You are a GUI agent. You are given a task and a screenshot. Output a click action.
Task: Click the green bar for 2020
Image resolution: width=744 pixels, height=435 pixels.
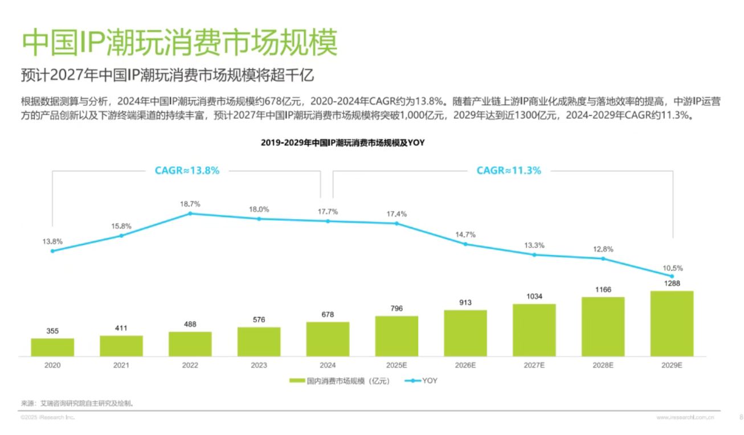coord(52,347)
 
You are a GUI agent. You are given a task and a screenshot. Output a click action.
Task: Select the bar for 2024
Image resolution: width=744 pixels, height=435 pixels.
coord(328,339)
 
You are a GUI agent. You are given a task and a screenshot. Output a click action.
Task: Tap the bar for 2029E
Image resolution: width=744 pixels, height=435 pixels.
coord(672,323)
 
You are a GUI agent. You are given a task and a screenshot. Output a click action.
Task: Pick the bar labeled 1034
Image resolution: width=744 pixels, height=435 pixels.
coord(534,330)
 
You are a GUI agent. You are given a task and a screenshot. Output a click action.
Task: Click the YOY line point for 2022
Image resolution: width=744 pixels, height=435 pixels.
coord(190,214)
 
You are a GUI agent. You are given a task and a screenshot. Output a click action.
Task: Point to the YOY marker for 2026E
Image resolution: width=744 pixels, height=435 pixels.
coord(465,244)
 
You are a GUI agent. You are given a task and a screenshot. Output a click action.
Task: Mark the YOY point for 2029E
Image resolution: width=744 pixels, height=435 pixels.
coord(672,276)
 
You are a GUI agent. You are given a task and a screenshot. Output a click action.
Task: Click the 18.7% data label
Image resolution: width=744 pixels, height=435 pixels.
coord(190,204)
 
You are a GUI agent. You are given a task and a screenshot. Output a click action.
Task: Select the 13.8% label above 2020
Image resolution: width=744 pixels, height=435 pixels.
coord(52,241)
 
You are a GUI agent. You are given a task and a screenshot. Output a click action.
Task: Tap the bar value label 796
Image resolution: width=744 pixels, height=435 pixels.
coord(396,309)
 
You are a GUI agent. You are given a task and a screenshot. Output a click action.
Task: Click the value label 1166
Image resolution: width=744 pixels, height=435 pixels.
coord(603,290)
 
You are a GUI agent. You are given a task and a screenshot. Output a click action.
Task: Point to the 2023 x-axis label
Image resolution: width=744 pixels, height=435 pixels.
coord(259,366)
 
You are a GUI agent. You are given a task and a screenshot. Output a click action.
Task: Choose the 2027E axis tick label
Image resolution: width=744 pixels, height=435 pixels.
coord(534,366)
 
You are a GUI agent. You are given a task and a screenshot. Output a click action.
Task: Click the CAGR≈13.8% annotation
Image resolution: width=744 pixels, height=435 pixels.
coord(187,170)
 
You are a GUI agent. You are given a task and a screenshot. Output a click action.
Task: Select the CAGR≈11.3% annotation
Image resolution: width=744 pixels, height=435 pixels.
coord(509,170)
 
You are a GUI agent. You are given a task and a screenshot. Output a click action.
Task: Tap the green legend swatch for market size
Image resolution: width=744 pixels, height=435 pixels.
coord(297,381)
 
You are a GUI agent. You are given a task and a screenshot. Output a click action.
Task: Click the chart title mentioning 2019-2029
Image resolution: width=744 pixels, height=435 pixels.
coord(343,143)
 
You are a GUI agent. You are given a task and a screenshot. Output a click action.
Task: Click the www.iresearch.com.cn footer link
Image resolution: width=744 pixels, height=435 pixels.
coord(685,418)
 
